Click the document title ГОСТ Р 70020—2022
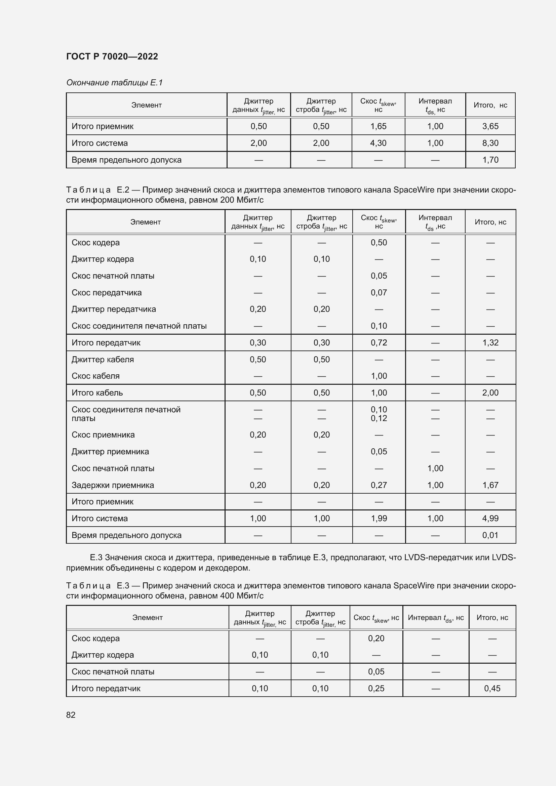(112, 56)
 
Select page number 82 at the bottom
(71, 715)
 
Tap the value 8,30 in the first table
(490, 143)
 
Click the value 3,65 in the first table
(490, 126)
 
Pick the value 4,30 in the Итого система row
(378, 143)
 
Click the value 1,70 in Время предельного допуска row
(490, 160)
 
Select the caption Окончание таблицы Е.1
(114, 83)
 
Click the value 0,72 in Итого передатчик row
(379, 343)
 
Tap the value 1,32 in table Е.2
(490, 343)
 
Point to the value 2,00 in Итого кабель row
(490, 392)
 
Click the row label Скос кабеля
(95, 376)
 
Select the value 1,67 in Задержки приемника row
(490, 485)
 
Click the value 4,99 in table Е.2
(490, 518)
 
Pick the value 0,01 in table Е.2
(490, 535)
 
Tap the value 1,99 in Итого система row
(379, 518)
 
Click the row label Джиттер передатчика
(114, 309)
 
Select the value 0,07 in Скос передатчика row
(379, 293)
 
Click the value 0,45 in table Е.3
(492, 689)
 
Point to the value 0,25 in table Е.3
(376, 689)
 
